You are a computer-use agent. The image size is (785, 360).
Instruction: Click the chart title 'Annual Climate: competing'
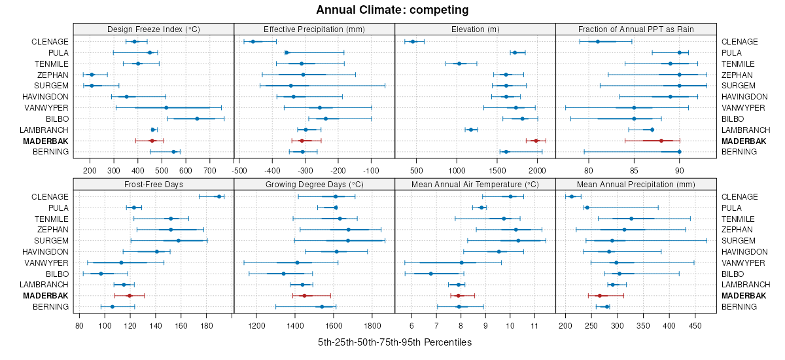392,10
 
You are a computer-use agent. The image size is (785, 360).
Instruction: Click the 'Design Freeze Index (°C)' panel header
153,29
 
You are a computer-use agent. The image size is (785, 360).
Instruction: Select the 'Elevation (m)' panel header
475,29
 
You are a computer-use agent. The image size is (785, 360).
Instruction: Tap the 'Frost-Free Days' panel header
153,184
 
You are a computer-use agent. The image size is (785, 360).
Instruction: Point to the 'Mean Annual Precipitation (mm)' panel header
636,184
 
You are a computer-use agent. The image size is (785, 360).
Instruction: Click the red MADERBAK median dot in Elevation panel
536,141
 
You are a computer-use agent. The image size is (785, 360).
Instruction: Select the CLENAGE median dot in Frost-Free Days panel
219,196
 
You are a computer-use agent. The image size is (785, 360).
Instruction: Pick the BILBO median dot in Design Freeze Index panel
197,118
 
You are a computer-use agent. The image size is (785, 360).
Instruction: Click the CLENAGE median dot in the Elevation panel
413,41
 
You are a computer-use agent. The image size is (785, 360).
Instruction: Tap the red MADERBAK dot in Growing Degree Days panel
304,296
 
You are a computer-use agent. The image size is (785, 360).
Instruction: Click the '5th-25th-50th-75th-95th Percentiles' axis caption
394,342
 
